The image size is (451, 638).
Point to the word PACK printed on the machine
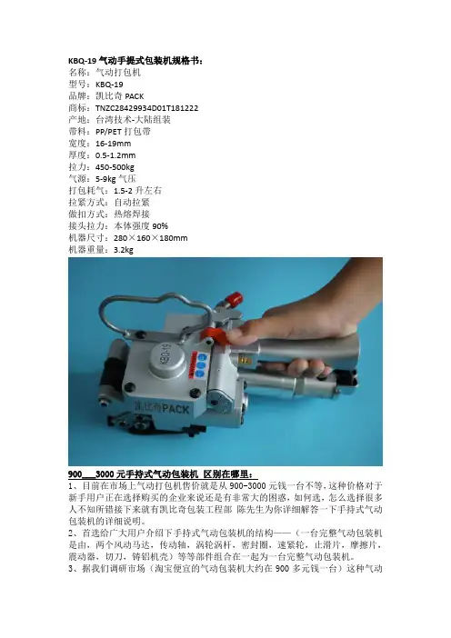pyautogui.click(x=175, y=408)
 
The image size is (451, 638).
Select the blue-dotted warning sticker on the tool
pyautogui.click(x=199, y=366)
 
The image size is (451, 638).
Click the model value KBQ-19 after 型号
pyautogui.click(x=109, y=85)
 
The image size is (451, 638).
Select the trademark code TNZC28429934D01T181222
pyautogui.click(x=147, y=108)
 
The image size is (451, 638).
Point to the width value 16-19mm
pyautogui.click(x=113, y=144)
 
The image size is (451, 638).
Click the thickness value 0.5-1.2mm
pyautogui.click(x=115, y=155)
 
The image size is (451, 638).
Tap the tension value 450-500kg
pyautogui.click(x=115, y=167)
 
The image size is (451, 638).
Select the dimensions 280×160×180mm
pyautogui.click(x=151, y=238)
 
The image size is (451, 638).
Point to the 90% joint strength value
pyautogui.click(x=160, y=226)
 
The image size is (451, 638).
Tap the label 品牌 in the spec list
pyautogui.click(x=77, y=96)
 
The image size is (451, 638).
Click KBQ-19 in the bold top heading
pyautogui.click(x=82, y=61)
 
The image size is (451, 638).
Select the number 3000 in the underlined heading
pyautogui.click(x=105, y=474)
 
